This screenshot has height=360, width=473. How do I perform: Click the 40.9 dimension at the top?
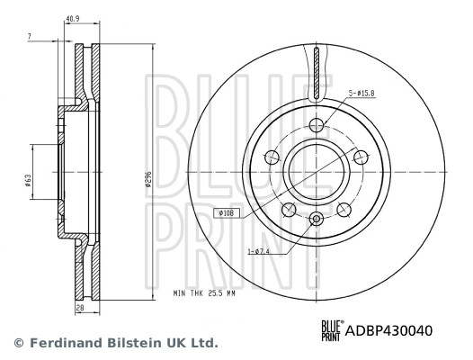tap(74, 18)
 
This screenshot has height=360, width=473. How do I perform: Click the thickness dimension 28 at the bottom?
tap(79, 309)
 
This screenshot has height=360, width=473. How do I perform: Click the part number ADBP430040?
tap(389, 330)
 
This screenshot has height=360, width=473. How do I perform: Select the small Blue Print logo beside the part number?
tap(332, 330)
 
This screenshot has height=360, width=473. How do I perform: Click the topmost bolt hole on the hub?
tap(317, 125)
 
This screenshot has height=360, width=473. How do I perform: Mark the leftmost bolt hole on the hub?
tap(271, 158)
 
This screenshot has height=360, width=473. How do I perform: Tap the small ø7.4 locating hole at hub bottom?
tap(317, 219)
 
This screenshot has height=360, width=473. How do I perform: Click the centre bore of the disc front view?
tap(317, 171)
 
